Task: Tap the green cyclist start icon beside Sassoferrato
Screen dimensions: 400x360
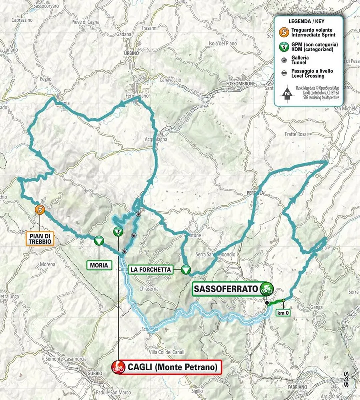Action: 267,288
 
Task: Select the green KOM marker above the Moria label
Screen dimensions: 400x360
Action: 99,241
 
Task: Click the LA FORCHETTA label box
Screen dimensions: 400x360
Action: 151,269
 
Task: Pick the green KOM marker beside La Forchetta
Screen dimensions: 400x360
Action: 186,269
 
